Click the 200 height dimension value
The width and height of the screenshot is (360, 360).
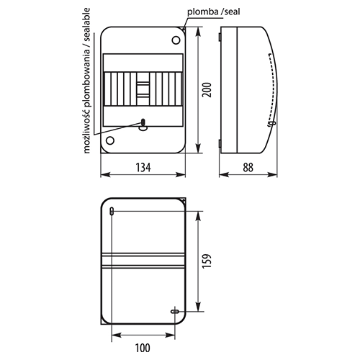coord(207,90)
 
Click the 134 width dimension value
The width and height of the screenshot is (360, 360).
coord(143,168)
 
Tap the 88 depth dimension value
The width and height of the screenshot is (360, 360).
coord(248,168)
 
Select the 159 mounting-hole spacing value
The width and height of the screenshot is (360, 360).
coord(207,261)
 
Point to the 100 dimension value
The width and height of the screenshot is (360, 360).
coord(143,348)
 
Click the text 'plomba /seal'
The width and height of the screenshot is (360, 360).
coord(214,12)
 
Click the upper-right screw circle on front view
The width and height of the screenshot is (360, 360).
coord(176,40)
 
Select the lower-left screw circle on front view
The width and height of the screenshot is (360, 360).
coord(110,140)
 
